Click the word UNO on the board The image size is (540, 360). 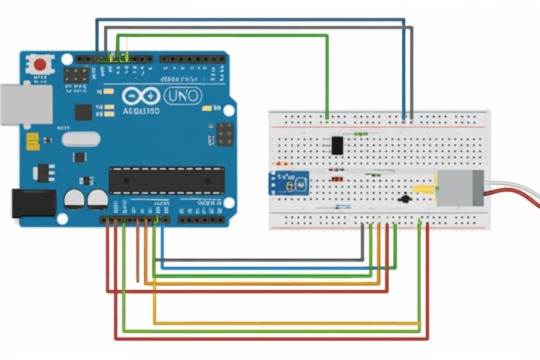(x=182, y=95)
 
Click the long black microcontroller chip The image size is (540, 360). (x=167, y=181)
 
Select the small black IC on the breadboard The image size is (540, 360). (x=337, y=145)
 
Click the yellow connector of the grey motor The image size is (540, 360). (x=424, y=189)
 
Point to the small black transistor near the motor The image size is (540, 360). (x=404, y=199)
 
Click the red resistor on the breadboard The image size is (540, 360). (x=337, y=179)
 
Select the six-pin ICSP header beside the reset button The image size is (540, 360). (x=77, y=75)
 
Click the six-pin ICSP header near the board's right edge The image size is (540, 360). (x=225, y=134)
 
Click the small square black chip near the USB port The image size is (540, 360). (x=83, y=112)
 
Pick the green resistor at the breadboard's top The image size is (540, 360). (x=361, y=133)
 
